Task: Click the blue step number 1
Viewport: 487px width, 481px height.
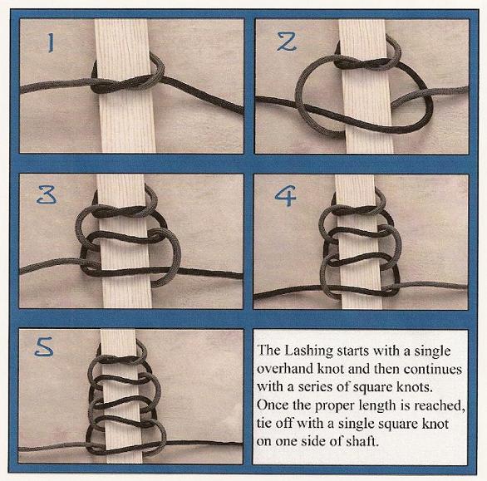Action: click(51, 43)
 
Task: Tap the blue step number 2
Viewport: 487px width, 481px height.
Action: click(287, 42)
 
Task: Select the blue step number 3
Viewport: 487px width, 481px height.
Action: click(47, 195)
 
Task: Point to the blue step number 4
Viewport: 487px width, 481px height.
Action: click(285, 195)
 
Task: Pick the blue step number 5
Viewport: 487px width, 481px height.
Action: click(44, 347)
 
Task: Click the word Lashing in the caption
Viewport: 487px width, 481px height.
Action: click(309, 351)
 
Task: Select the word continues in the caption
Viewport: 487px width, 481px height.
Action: click(433, 369)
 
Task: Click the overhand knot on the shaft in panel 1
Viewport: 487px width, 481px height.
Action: click(125, 81)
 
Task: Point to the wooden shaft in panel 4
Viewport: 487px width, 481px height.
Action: click(358, 242)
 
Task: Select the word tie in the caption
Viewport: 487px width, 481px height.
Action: click(264, 423)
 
